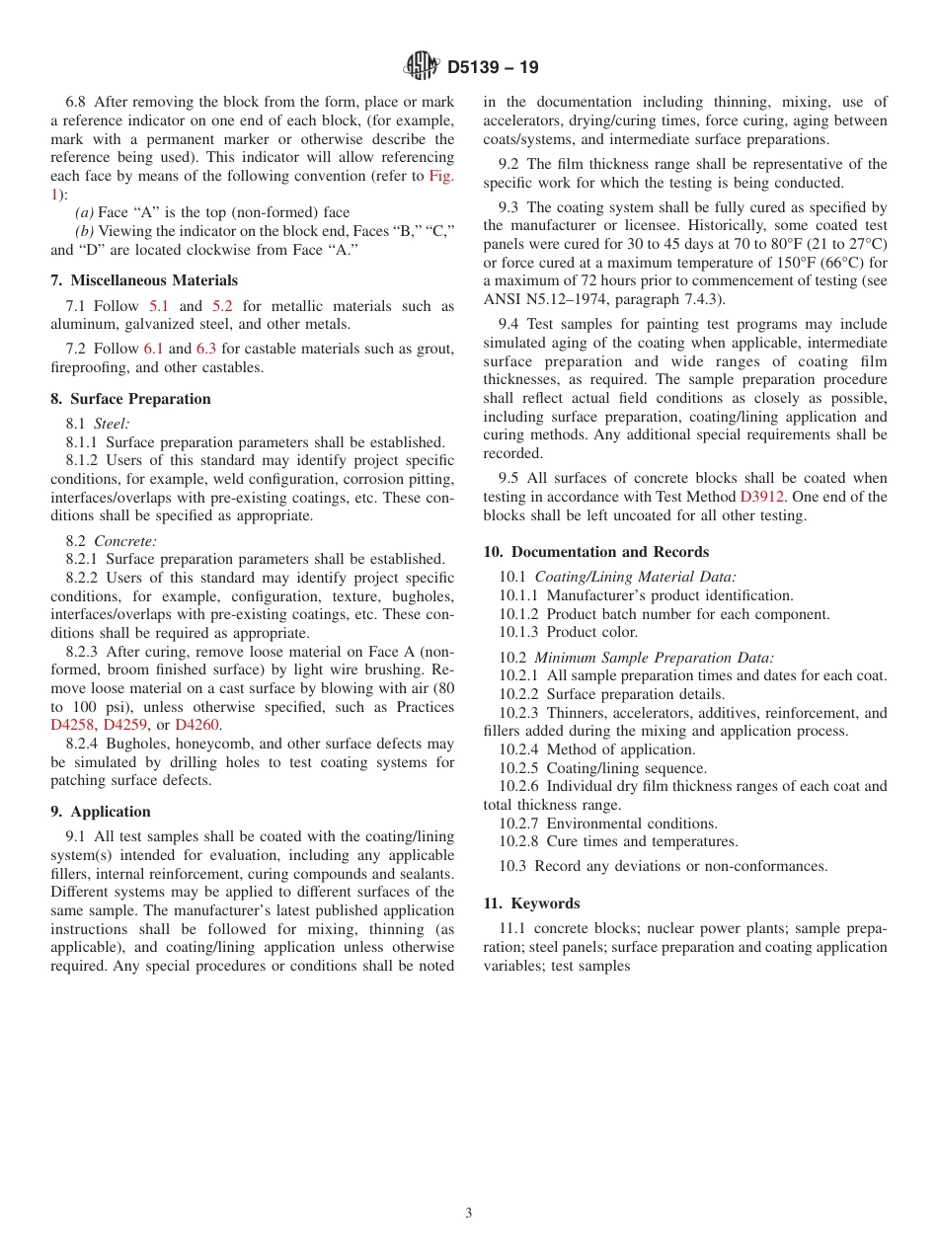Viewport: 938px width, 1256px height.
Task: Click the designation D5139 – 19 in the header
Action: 493,67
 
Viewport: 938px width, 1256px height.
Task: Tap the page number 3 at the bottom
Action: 469,1213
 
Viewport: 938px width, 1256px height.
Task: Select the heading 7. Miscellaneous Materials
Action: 144,280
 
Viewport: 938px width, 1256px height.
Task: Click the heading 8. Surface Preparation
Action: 130,399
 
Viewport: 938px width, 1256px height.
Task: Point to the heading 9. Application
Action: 101,812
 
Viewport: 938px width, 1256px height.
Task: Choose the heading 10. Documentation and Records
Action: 596,552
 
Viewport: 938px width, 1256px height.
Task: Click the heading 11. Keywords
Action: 531,903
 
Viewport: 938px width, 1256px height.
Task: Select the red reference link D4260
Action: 197,726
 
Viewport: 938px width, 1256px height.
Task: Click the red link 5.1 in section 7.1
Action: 159,306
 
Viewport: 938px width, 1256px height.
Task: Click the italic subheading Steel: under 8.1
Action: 112,424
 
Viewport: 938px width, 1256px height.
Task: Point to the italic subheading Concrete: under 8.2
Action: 125,541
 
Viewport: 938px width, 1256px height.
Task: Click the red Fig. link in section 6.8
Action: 440,176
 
